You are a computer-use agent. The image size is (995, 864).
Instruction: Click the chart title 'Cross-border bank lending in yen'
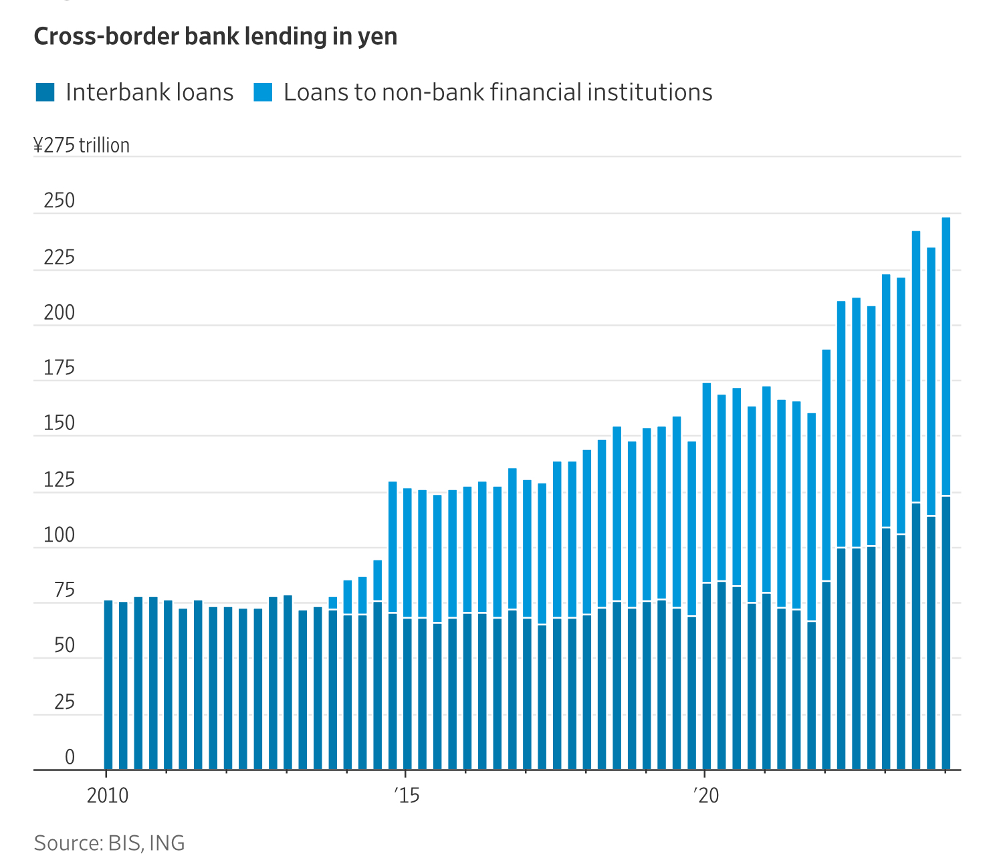[x=215, y=36]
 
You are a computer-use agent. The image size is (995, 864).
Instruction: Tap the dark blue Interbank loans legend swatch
[x=45, y=92]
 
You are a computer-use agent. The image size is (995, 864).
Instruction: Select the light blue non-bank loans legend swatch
[x=263, y=92]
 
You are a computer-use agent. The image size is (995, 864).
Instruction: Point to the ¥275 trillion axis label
[x=82, y=145]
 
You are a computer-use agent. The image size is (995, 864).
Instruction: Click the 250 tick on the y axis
[x=59, y=201]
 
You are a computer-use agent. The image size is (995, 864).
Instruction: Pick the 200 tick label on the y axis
[x=59, y=313]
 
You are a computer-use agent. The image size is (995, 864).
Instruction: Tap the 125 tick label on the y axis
[x=59, y=480]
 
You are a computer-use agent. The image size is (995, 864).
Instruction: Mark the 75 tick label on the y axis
[x=64, y=591]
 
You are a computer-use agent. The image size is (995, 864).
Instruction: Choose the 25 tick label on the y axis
[x=64, y=702]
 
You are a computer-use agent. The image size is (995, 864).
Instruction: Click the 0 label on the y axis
[x=70, y=758]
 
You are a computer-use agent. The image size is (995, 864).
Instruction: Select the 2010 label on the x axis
[x=108, y=796]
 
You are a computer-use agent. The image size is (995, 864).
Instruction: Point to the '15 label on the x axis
[x=406, y=796]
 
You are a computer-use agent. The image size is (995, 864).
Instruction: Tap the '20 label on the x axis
[x=705, y=796]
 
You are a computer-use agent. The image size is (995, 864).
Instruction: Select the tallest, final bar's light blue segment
[x=946, y=354]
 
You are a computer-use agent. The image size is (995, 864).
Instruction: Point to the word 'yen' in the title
[x=380, y=37]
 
